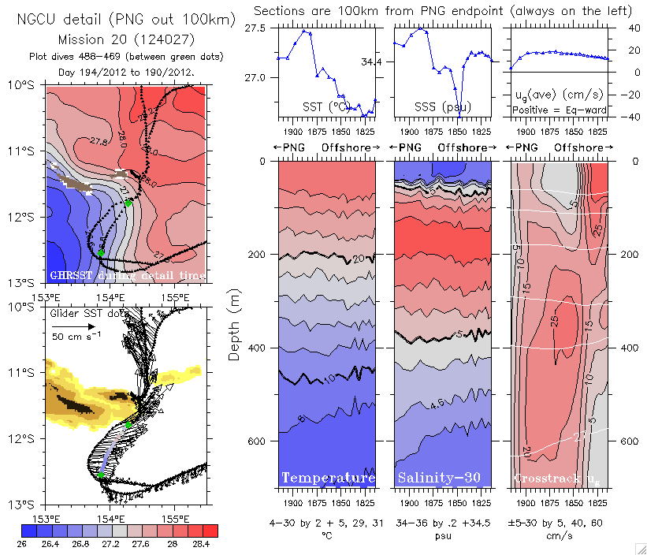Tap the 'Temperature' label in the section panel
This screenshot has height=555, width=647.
328,479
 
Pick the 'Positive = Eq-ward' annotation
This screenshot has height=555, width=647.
560,110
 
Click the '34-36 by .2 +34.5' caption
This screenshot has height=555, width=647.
442,523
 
